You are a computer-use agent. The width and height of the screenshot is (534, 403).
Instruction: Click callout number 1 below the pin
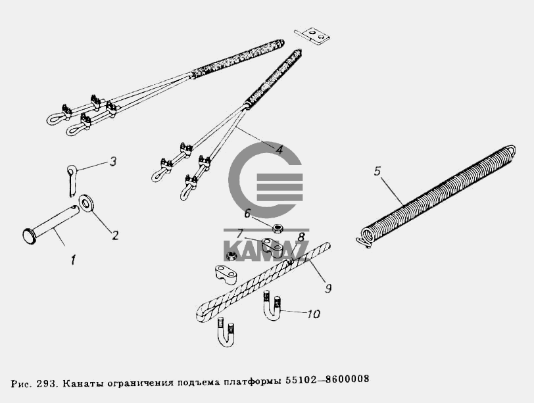point(73,260)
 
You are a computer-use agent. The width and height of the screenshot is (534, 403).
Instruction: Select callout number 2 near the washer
point(116,235)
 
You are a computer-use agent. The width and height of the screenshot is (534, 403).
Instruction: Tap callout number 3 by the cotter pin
point(113,161)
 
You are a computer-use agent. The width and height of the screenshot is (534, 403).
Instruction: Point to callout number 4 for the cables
point(279,149)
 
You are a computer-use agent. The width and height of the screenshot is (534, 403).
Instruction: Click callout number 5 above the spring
point(377,171)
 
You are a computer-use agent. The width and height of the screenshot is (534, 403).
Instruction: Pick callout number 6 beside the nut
point(247,214)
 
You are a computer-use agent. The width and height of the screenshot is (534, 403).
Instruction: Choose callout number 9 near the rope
point(328,289)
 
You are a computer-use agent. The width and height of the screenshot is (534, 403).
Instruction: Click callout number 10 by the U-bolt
point(313,314)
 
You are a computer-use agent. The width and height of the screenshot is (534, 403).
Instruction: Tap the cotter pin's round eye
point(72,169)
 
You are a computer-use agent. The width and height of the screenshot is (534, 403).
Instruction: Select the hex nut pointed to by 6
point(278,228)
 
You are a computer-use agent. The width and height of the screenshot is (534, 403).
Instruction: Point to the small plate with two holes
point(312,35)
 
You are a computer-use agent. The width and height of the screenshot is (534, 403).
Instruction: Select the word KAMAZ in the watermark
point(266,251)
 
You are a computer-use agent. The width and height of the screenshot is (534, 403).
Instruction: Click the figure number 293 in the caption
point(47,383)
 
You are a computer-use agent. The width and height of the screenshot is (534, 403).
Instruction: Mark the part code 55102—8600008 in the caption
point(327,379)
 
